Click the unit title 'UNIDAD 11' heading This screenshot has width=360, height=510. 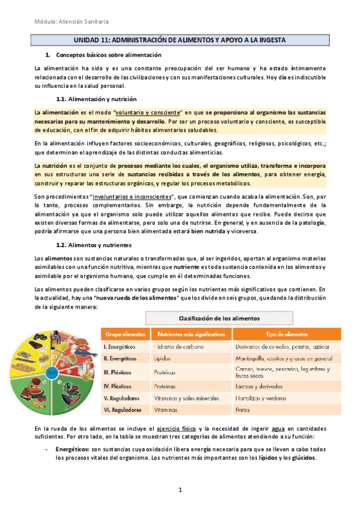pyautogui.click(x=180, y=40)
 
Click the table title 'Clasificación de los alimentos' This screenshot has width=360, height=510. pyautogui.click(x=219, y=318)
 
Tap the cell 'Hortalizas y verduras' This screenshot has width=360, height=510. pyautogui.click(x=263, y=398)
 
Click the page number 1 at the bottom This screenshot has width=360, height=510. pyautogui.click(x=180, y=491)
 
